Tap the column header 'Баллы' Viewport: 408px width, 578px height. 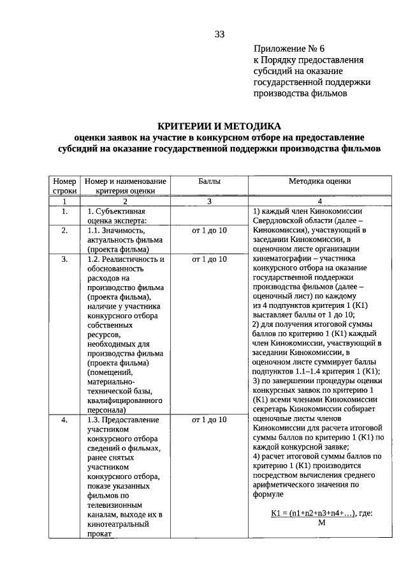[x=209, y=181]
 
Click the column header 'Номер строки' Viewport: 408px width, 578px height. [x=64, y=186]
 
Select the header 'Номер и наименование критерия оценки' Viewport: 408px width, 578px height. [x=126, y=186]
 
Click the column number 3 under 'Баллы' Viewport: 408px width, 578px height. [x=209, y=201]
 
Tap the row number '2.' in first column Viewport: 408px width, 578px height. [x=64, y=230]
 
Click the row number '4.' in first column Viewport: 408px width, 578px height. [x=64, y=420]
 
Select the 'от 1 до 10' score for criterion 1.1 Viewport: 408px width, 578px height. [x=209, y=230]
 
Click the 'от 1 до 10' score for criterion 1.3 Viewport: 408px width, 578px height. [x=209, y=420]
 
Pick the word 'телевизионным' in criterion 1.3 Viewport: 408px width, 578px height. [x=115, y=504]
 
